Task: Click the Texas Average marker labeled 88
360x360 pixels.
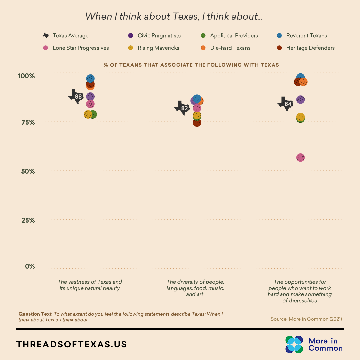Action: (76, 97)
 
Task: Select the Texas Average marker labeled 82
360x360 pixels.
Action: (182, 108)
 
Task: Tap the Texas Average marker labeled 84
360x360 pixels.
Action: (286, 104)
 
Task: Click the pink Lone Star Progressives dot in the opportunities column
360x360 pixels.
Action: (300, 158)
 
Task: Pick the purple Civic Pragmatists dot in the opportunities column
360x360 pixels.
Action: (300, 100)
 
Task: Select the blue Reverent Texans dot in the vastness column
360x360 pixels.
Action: (90, 79)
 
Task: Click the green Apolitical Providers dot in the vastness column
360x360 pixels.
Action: (93, 115)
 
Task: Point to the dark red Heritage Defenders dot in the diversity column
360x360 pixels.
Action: (197, 123)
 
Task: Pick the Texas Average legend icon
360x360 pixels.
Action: (46, 36)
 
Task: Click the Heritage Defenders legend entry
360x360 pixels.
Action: (306, 48)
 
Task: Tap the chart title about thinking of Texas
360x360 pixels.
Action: (174, 16)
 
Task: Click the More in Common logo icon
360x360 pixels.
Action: (294, 344)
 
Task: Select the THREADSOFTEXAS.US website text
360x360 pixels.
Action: (72, 344)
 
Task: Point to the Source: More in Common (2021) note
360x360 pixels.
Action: (306, 319)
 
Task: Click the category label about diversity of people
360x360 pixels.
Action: (195, 288)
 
